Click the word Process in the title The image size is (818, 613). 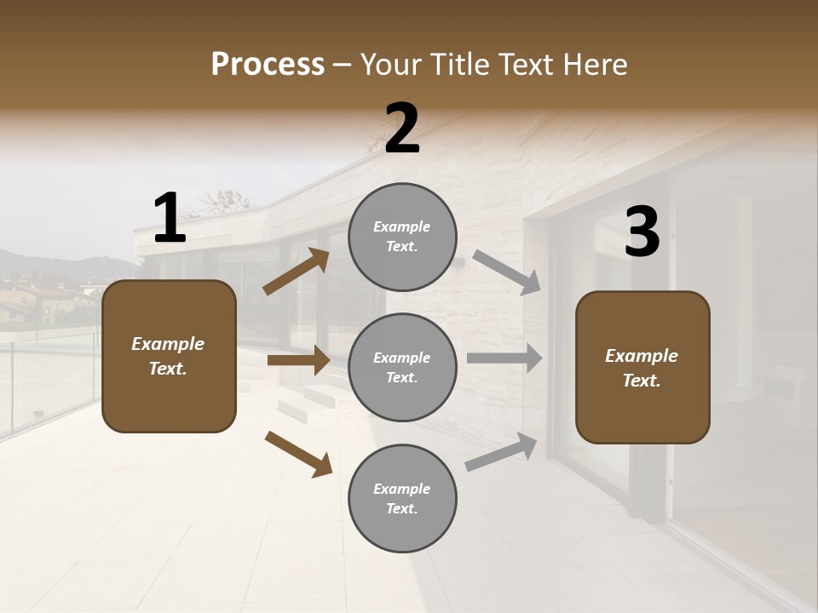[268, 64]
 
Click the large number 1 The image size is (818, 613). [170, 218]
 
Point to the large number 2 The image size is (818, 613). [402, 129]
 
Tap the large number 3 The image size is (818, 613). [642, 232]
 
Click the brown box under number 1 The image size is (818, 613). [169, 356]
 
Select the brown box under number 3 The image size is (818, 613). [642, 367]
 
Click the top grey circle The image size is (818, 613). [402, 237]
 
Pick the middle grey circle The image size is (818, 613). [402, 367]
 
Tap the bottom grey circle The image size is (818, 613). [402, 498]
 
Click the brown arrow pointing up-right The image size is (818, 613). [297, 272]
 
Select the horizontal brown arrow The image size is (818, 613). [298, 360]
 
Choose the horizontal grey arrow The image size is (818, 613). [504, 358]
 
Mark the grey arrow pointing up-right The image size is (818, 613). [501, 452]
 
